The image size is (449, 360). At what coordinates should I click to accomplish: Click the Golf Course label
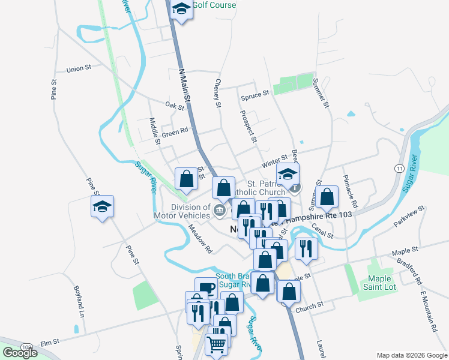point(214,5)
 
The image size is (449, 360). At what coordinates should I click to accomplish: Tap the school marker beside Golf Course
point(181,10)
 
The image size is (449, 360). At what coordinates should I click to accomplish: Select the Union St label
point(79,69)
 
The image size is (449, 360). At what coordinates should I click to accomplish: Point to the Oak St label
point(175,106)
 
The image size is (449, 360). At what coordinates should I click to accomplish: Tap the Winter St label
point(275,163)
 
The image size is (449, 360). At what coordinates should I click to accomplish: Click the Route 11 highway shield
point(399,169)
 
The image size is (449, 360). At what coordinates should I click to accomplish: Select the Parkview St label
point(409,216)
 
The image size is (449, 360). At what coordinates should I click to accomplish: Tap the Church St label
point(310,307)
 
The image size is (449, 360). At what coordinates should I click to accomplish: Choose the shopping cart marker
point(217,344)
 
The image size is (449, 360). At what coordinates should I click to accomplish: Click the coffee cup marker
point(206,288)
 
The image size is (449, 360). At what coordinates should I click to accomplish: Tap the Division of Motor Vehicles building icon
point(220,210)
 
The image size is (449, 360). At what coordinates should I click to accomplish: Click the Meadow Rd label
point(201,238)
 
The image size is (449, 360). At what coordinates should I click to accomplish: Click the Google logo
point(20,352)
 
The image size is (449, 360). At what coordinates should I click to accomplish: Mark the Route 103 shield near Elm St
point(26,347)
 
